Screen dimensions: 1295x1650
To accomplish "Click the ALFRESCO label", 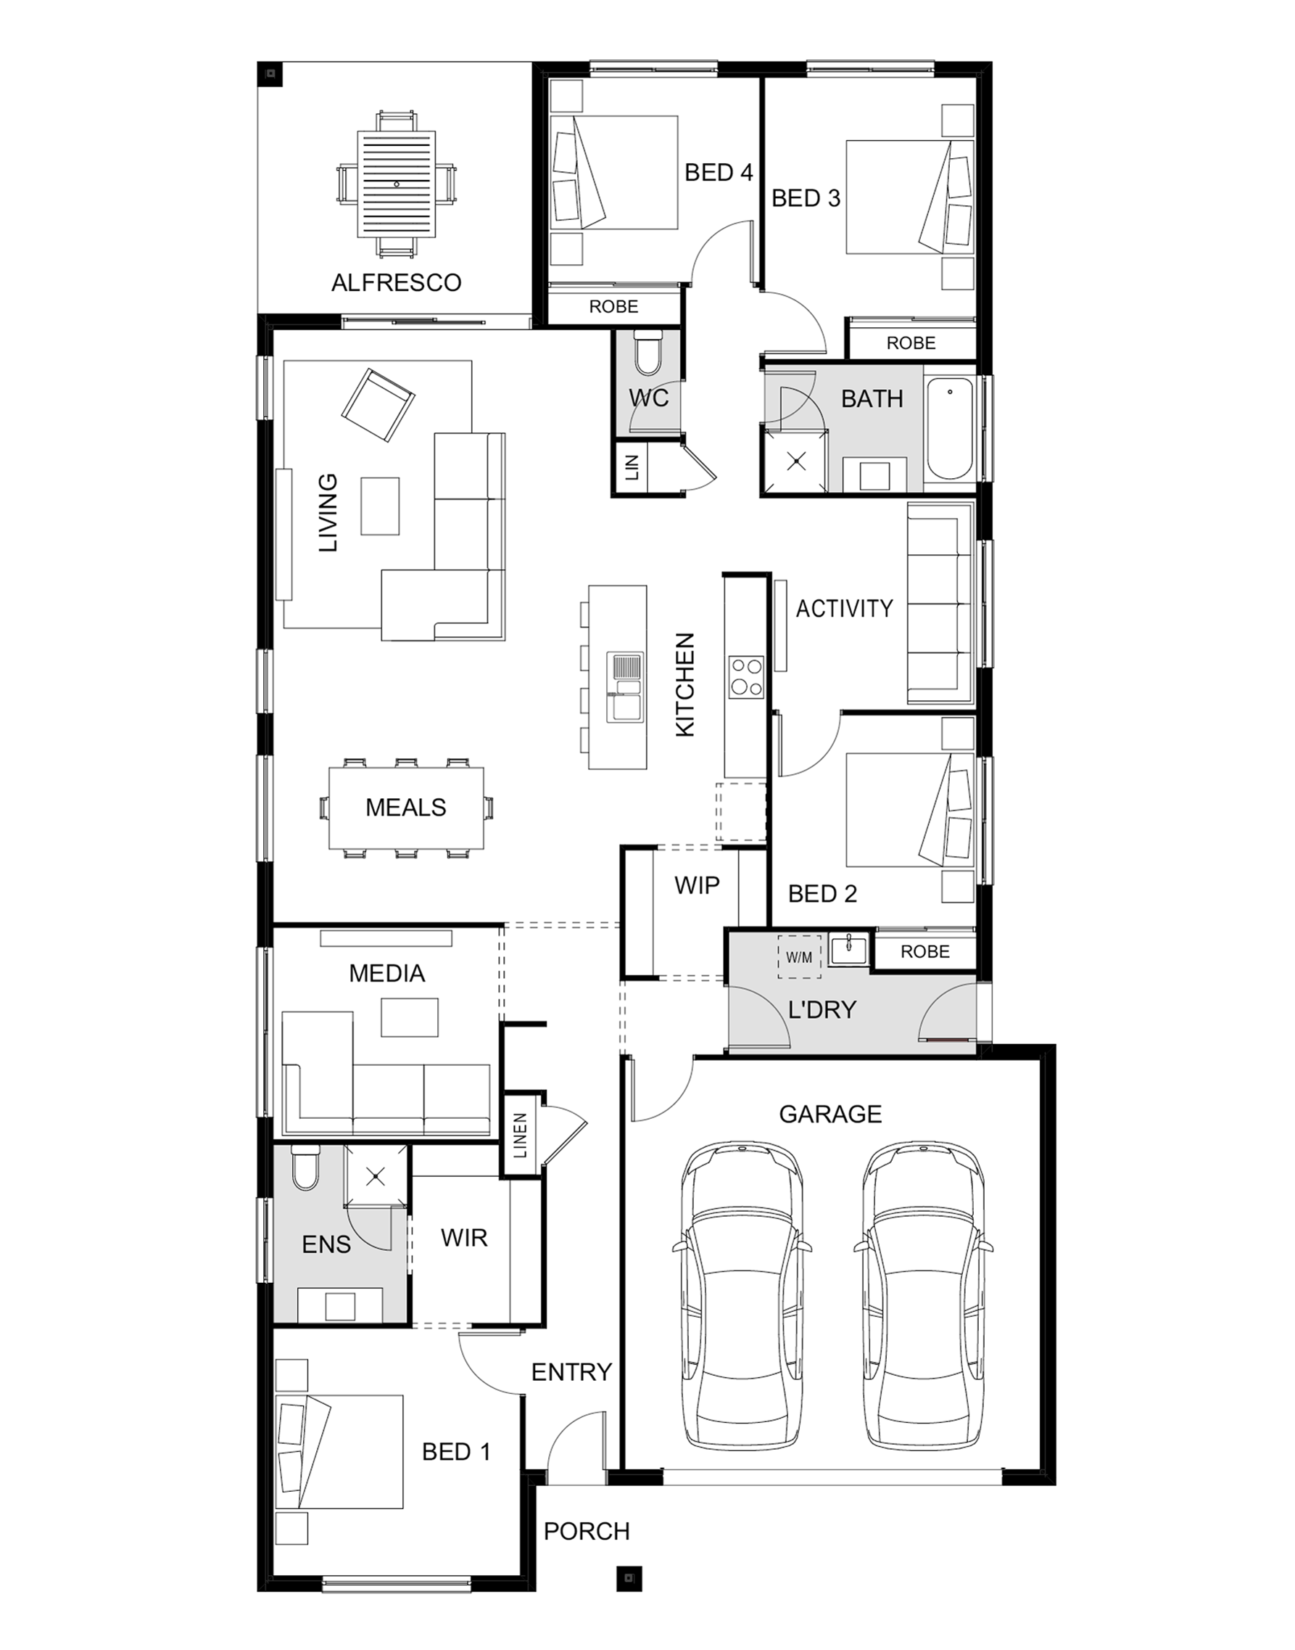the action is coord(397,283).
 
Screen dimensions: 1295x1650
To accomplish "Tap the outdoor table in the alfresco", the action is coord(397,184).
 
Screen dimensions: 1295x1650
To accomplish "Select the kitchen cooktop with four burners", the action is coord(746,677).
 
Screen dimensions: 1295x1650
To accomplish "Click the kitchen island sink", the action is coord(624,687).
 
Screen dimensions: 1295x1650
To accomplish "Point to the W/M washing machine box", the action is coord(799,957).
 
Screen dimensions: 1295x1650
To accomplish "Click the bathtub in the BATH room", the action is coord(949,430).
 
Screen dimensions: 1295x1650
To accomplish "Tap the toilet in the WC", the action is coord(647,353).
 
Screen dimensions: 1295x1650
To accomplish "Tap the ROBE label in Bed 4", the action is coord(613,306).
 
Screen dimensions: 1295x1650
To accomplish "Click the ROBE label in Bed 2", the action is coord(925,951).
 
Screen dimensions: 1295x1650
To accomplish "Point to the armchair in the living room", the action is coord(378,405).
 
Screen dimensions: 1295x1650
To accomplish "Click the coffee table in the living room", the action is coord(380,505).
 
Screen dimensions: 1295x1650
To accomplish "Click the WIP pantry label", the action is coord(697,884).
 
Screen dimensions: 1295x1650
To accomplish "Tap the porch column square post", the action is coord(629,1579).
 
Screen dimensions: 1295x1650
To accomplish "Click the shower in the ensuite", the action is coord(376,1177).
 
